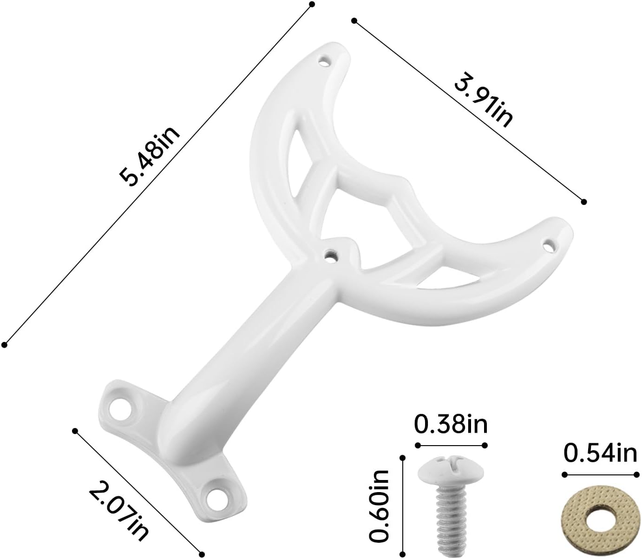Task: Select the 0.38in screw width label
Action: pyautogui.click(x=451, y=424)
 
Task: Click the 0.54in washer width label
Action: pyautogui.click(x=599, y=453)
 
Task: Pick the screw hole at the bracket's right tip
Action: pyautogui.click(x=550, y=243)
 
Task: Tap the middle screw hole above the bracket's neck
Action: pyautogui.click(x=330, y=254)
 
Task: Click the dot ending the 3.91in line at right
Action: pyautogui.click(x=584, y=202)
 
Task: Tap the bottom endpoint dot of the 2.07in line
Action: pyautogui.click(x=202, y=554)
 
